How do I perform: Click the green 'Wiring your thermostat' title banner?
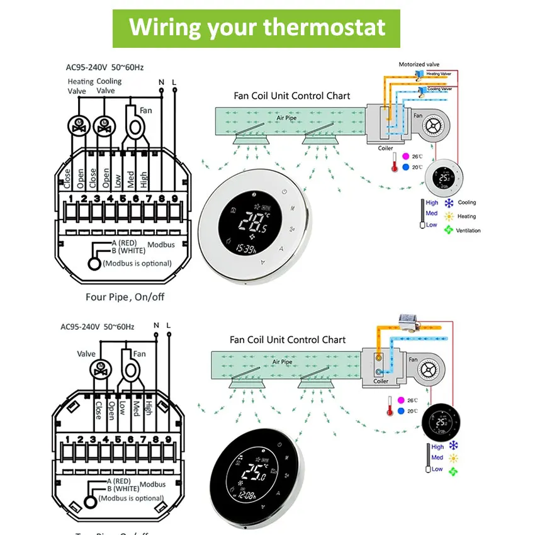(256, 28)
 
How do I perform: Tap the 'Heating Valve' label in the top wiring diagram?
(81, 86)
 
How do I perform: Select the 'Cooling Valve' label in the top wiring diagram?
(110, 86)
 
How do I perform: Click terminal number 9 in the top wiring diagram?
(174, 200)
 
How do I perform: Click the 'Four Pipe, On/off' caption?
(125, 296)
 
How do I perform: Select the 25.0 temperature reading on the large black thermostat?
(254, 473)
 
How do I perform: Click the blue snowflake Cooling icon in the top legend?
(449, 203)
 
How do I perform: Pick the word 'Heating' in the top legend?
(466, 217)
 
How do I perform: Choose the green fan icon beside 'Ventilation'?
(449, 230)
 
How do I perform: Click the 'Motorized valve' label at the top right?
(419, 64)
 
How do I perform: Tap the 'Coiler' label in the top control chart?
(385, 149)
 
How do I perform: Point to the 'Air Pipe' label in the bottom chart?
(283, 362)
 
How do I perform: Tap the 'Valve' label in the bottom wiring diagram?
(86, 354)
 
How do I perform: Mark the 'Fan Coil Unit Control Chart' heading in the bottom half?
(288, 340)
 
